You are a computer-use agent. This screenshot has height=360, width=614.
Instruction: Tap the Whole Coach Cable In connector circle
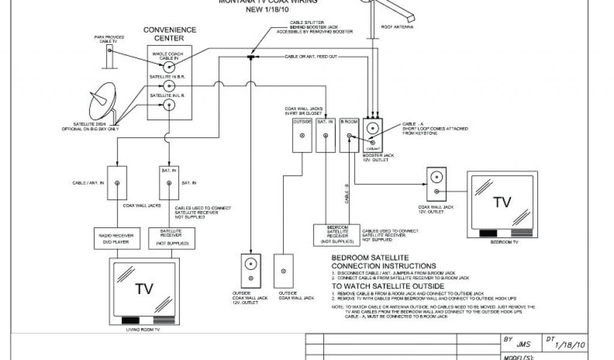(x=170, y=68)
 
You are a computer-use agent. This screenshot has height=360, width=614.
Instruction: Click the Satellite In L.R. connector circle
(x=170, y=106)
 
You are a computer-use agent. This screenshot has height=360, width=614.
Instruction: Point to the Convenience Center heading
(x=170, y=34)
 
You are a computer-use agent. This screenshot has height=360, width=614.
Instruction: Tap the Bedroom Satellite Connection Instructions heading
(x=384, y=262)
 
